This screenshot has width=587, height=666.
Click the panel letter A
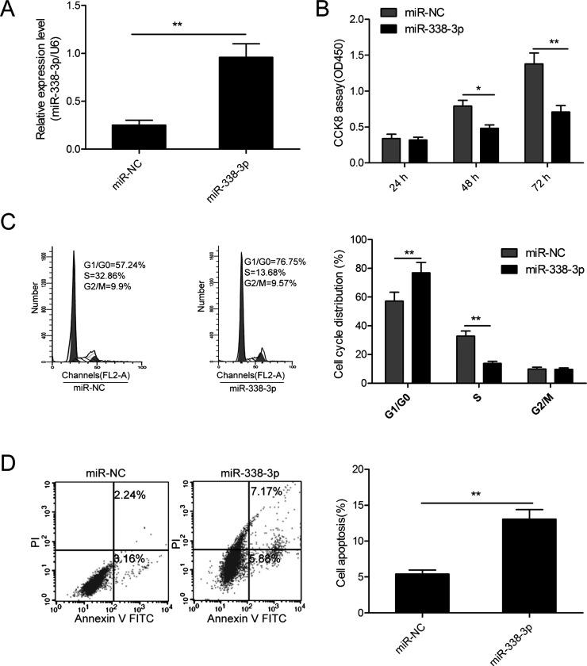[10, 9]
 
